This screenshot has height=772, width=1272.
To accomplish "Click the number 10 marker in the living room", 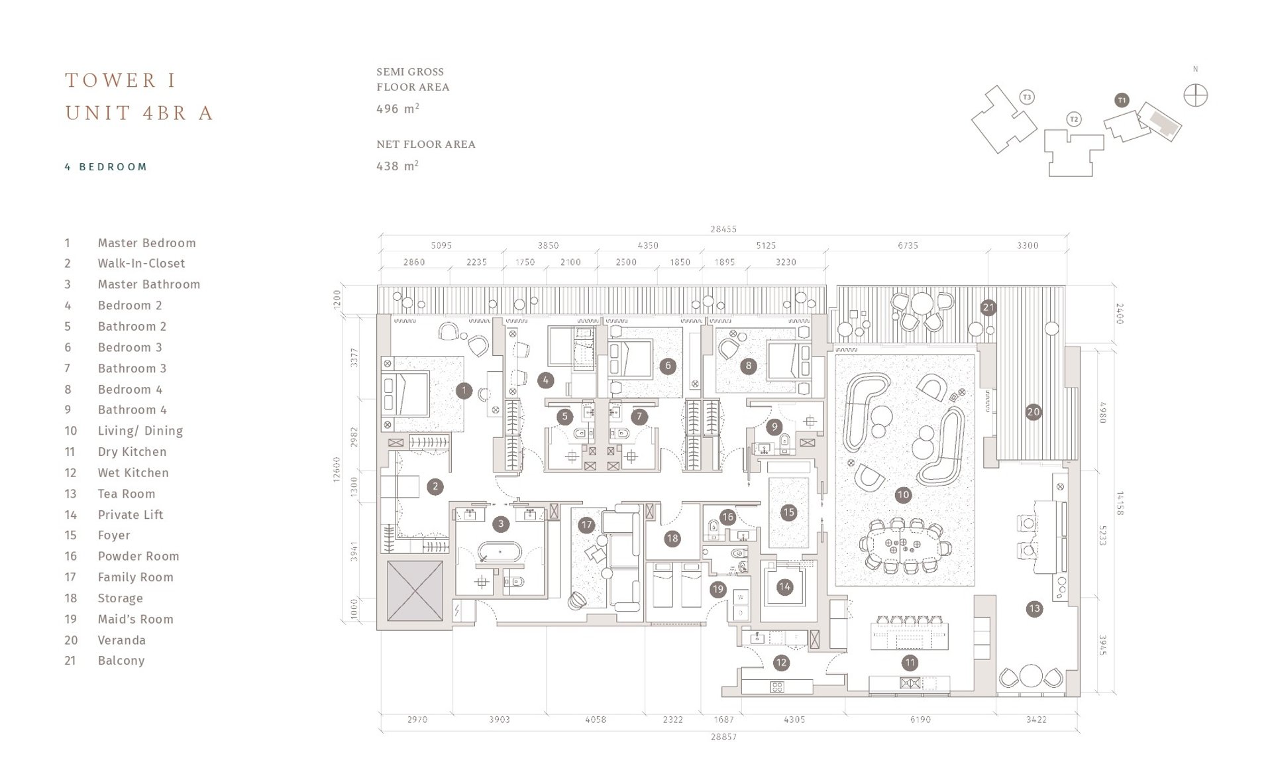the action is tap(903, 494).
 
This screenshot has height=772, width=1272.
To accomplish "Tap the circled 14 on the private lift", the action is tap(784, 586).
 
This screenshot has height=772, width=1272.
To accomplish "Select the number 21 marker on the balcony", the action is tap(988, 307).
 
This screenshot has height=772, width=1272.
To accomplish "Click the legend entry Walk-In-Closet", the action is tap(141, 263).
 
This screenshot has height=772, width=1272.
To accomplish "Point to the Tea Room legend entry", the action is tap(127, 494).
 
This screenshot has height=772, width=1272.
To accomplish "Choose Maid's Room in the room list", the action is tap(135, 619).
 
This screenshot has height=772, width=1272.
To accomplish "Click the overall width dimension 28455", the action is tap(723, 229).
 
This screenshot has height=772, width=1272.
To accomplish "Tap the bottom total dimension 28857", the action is tap(723, 737).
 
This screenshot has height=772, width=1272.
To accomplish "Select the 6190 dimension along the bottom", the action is tap(920, 719).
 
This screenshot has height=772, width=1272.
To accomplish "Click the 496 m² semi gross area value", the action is tap(397, 109).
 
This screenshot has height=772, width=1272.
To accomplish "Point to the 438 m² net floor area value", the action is tap(397, 166).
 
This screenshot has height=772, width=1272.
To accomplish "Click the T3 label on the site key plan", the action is tap(1027, 97).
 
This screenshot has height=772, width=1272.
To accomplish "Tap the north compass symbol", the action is tap(1195, 95).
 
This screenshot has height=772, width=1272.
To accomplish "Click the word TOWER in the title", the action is tap(111, 81).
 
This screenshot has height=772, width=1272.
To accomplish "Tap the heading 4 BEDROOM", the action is tap(106, 167).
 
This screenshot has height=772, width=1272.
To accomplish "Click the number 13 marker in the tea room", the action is tap(1034, 608).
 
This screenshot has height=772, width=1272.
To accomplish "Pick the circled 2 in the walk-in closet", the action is tap(435, 486).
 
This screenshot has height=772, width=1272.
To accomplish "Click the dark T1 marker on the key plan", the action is tap(1122, 100).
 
